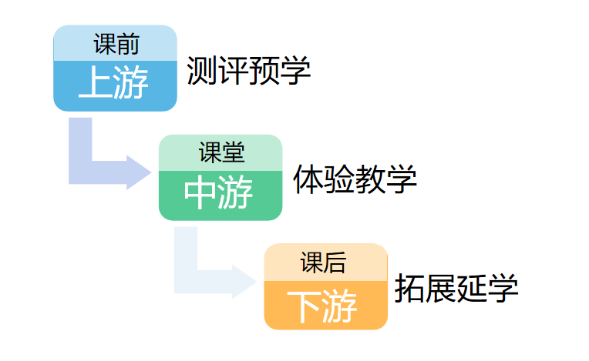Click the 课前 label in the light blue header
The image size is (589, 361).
pos(116,44)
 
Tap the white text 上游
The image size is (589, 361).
pos(113,82)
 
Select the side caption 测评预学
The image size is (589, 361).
pos(248,70)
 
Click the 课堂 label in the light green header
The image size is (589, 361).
pos(221,152)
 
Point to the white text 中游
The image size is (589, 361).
pos(218,192)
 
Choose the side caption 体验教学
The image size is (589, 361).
pos(355,179)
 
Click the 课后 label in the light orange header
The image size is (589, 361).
pos(323,262)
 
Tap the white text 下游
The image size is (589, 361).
pos(322,306)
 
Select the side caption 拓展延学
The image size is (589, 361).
pos(456,288)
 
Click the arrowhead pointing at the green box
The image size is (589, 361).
pos(139,172)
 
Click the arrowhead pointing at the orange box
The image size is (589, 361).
pos(244,282)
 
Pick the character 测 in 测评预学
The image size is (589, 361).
pos(202,70)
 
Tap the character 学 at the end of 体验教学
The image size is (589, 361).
pos(402,179)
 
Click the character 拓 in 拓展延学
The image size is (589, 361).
pos(410,288)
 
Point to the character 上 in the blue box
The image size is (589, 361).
pos(96,82)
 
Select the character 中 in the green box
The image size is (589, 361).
pos(200,192)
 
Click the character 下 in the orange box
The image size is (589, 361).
pos(304,306)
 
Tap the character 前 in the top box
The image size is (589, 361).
pos(129,44)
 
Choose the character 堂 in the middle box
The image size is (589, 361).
pos(234,152)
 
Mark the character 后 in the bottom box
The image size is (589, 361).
pos(335,262)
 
